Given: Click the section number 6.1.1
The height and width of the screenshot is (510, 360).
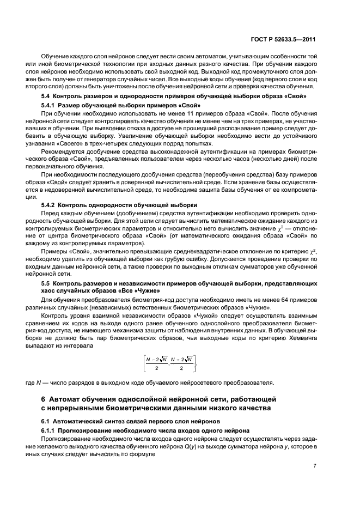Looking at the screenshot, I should pos(49,429).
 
